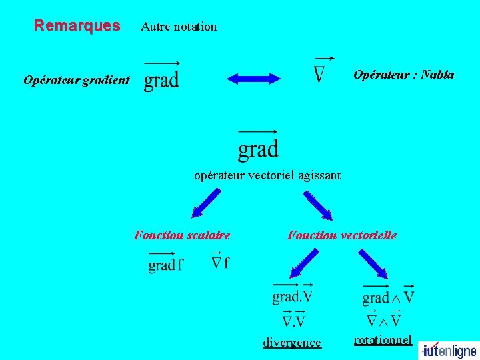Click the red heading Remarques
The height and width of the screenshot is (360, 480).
coord(77,26)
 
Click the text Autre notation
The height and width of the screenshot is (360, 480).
coord(179,27)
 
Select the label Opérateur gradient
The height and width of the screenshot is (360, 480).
coord(77,80)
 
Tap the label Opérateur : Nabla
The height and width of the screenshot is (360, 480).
coord(403,75)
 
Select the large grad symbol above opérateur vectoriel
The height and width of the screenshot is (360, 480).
coord(258,146)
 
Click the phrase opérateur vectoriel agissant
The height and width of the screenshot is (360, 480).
coord(267,175)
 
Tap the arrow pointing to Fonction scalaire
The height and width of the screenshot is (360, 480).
coord(205,203)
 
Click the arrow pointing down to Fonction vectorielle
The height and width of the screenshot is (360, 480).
coord(317,205)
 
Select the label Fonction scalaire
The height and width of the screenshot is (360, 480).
coord(182,235)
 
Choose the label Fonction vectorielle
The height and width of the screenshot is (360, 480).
coord(341,235)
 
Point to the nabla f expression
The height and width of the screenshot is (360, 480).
coord(220,261)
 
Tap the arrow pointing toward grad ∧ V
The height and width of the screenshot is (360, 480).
coord(373,263)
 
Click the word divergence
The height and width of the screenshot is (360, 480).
coord(291,343)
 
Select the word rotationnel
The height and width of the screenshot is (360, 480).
coord(383,340)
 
